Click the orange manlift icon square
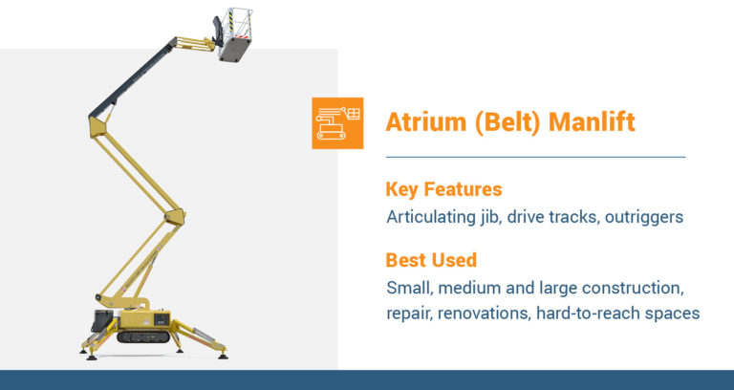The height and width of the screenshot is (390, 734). (x=337, y=122)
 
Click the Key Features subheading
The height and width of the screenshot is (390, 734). (x=443, y=189)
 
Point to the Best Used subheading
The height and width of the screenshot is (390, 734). (x=431, y=260)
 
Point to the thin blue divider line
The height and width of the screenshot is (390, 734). (x=535, y=156)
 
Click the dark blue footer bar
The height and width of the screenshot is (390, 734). (x=367, y=379)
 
